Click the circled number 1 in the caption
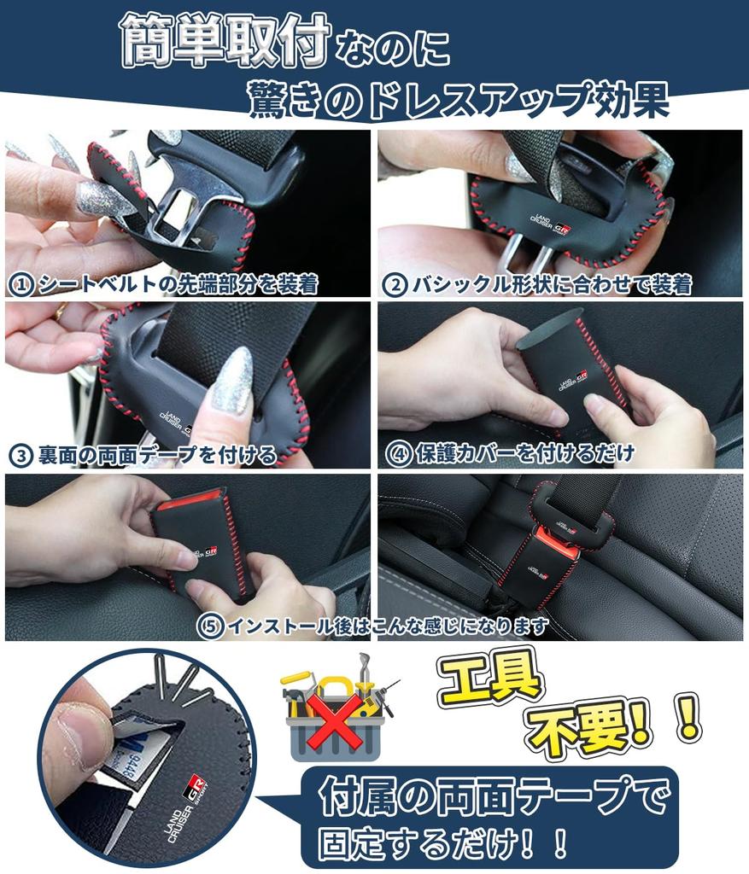pos(18,283)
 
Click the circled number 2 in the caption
pos(394,284)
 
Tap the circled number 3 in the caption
pos(20,454)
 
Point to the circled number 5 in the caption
pos(210,626)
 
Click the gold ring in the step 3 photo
pos(61,312)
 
